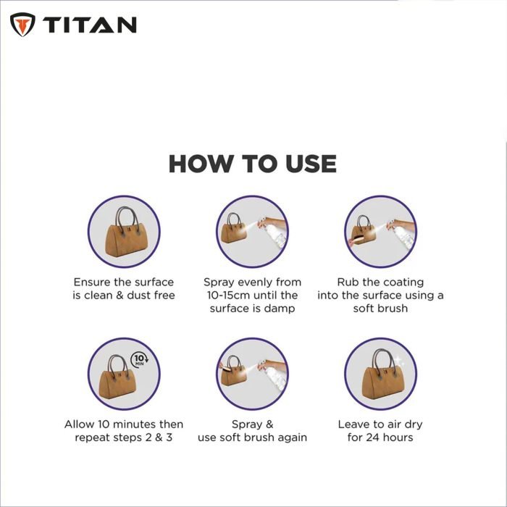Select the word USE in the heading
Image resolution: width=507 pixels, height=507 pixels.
(306, 164)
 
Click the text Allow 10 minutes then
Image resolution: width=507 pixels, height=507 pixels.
(124, 424)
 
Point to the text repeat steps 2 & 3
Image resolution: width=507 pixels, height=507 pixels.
(124, 437)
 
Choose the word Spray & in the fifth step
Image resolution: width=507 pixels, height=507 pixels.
(252, 424)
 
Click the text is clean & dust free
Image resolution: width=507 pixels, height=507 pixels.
(124, 296)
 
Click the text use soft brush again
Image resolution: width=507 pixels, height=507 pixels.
(252, 437)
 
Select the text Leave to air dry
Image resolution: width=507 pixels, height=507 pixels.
(380, 424)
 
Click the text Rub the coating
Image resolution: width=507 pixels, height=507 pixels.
(380, 282)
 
